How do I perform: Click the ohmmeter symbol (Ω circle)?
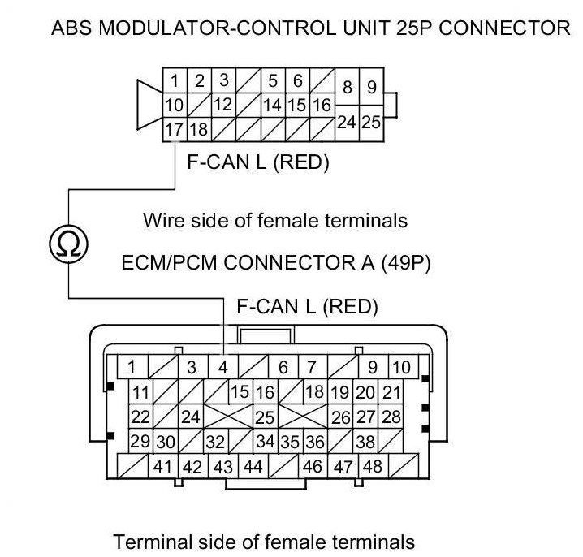point(67,241)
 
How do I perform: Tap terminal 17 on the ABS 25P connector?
point(174,129)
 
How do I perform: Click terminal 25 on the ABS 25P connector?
point(371,123)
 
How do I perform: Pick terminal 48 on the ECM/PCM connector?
point(373,467)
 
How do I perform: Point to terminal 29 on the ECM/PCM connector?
point(140,442)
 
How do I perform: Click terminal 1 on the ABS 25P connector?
point(175,81)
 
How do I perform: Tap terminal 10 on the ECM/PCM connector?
point(401,367)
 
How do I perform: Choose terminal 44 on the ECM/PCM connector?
point(253,467)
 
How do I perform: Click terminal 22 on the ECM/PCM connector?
point(140,417)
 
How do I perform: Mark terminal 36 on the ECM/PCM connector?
point(315,442)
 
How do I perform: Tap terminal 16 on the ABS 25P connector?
point(322,106)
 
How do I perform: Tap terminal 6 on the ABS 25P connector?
point(297,81)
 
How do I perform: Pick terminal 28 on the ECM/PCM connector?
point(391,417)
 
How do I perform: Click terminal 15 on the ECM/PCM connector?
point(240,393)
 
